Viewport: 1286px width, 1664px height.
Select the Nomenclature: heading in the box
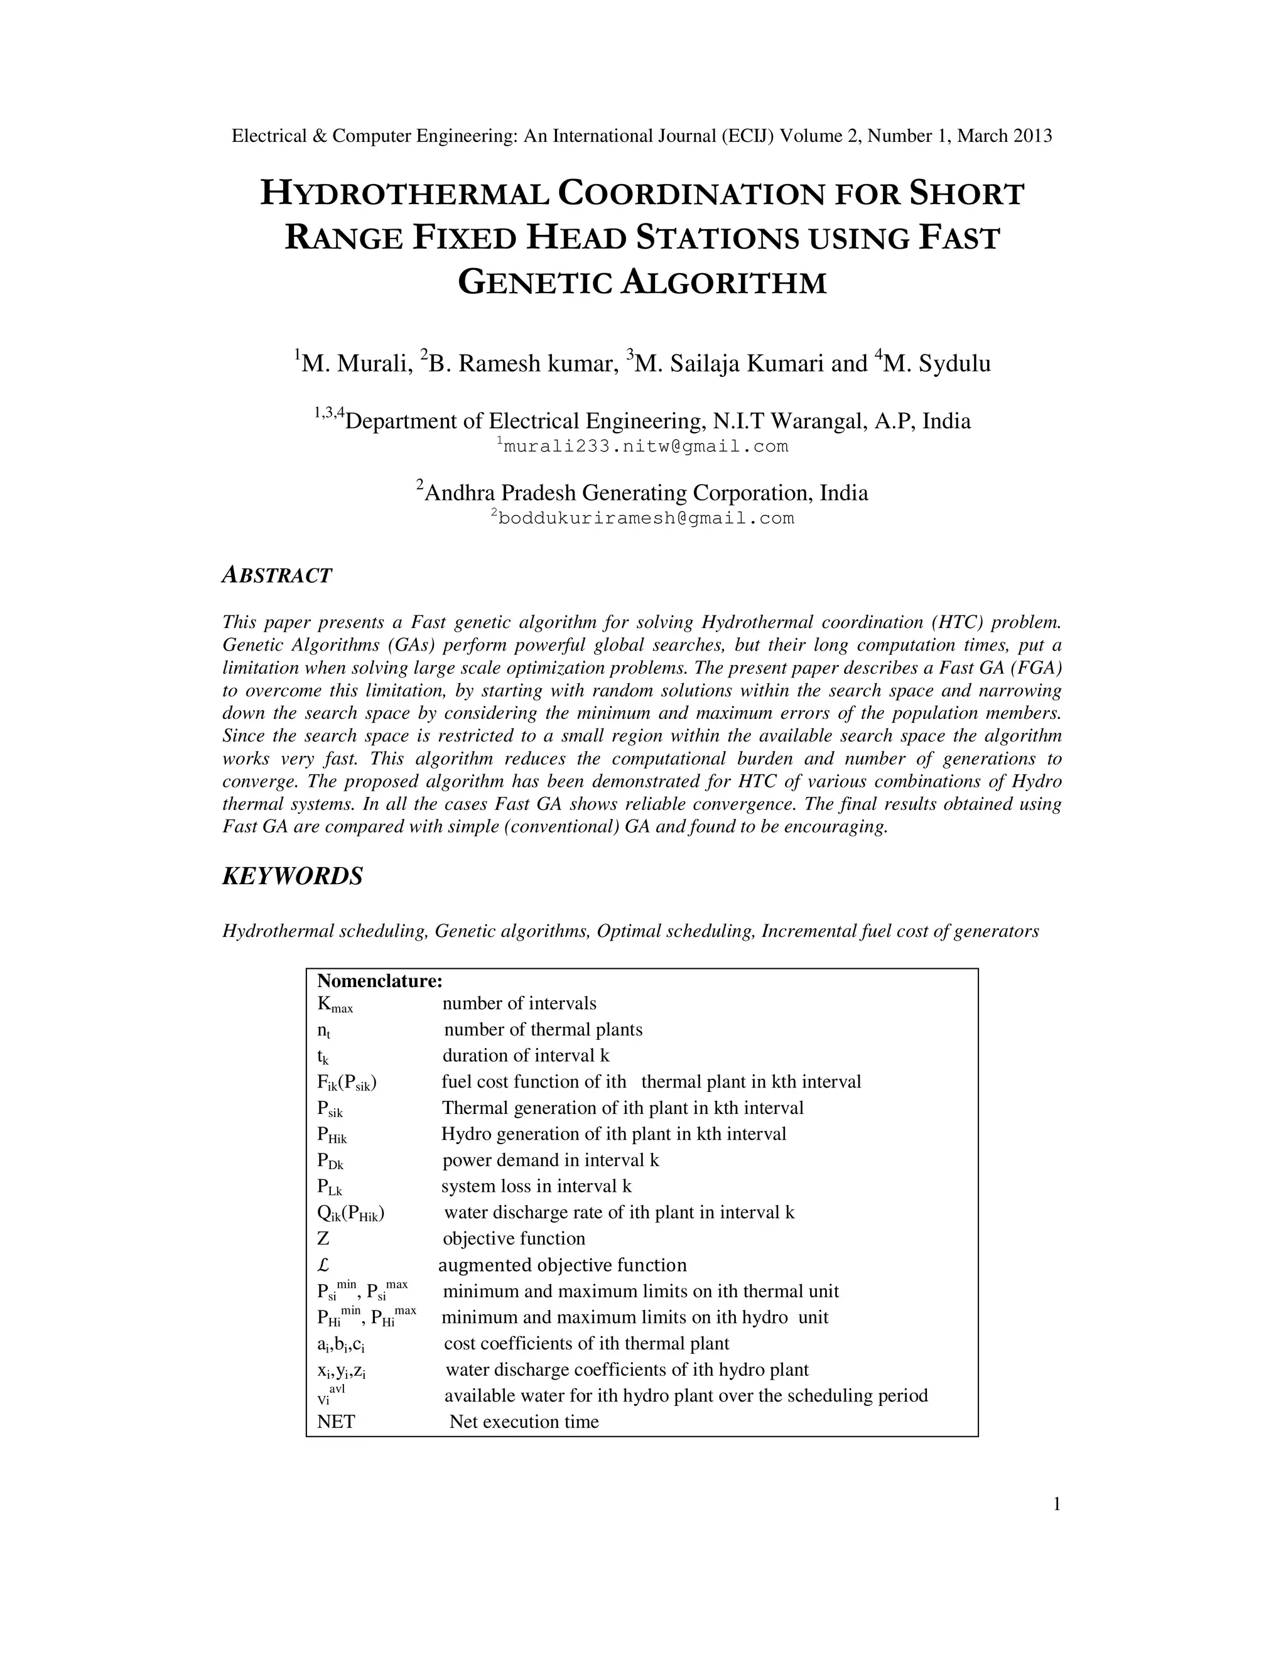click(379, 981)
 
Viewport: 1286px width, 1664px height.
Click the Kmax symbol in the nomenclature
click(335, 1005)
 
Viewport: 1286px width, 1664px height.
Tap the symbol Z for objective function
click(323, 1238)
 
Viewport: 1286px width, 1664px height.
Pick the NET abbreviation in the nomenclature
click(336, 1421)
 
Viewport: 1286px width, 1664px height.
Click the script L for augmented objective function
click(323, 1265)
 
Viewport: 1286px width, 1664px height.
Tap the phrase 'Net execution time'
click(524, 1421)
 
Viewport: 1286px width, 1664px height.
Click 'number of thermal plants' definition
click(543, 1029)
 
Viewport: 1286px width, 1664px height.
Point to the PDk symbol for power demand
click(330, 1160)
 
